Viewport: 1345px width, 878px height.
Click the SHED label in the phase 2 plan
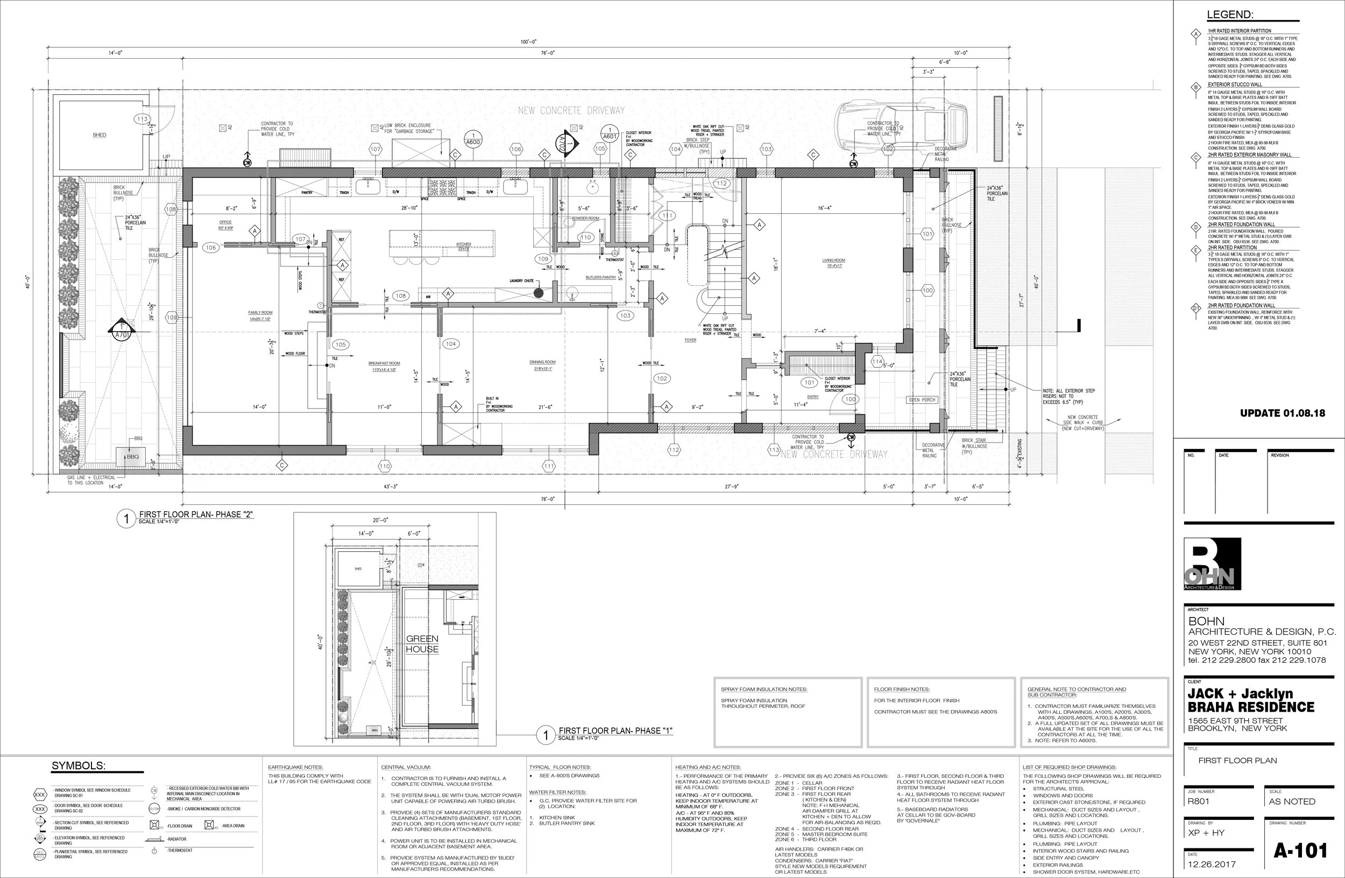[100, 135]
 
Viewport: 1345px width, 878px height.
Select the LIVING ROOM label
[833, 261]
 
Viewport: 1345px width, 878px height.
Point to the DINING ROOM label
[542, 362]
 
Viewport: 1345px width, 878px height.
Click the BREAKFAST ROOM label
[384, 363]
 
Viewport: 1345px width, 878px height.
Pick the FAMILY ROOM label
[260, 313]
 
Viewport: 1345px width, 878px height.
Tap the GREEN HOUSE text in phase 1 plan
[422, 643]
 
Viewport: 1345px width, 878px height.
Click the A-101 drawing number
[1300, 851]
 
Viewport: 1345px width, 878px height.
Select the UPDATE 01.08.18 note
[1282, 413]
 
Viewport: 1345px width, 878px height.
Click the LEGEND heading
[1230, 15]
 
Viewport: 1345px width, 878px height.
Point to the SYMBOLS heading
[79, 765]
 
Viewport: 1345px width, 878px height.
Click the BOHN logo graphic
[1212, 564]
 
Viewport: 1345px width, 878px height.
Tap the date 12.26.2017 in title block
[1212, 864]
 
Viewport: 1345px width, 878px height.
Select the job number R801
[1198, 801]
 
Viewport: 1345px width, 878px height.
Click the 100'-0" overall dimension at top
[528, 42]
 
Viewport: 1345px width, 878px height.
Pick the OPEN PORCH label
[922, 400]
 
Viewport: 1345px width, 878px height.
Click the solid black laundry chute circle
[539, 292]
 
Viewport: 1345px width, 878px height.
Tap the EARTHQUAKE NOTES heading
[295, 767]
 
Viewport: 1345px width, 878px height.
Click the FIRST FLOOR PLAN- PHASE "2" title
[195, 515]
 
